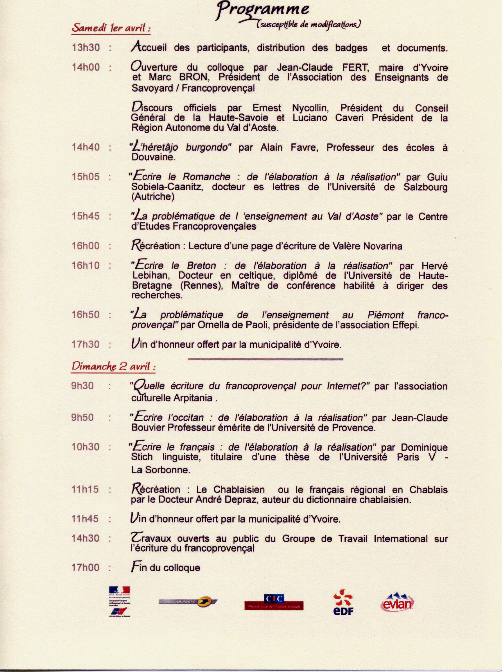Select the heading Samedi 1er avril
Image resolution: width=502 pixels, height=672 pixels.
(x=111, y=28)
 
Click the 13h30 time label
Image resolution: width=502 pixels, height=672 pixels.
(x=85, y=47)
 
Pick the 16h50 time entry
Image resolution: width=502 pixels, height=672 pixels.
(x=85, y=314)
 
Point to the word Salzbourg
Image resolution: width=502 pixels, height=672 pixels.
(x=425, y=187)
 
